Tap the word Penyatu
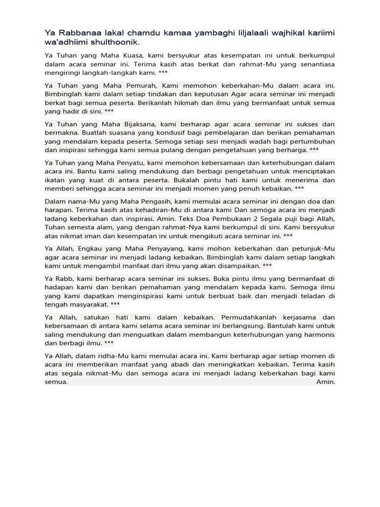coord(134,161)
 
